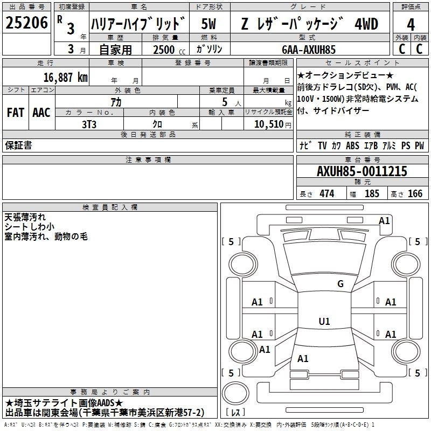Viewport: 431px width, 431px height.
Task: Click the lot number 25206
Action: click(26, 24)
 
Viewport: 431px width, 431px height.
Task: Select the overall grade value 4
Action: click(411, 24)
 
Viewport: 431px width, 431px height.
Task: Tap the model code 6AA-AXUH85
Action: click(309, 50)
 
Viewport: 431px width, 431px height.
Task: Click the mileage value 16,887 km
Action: click(65, 77)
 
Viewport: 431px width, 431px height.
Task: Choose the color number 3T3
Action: click(89, 123)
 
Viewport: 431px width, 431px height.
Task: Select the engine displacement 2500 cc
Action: click(164, 50)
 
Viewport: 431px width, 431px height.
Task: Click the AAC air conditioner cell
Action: click(41, 113)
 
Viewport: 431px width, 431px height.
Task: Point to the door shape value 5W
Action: click(209, 24)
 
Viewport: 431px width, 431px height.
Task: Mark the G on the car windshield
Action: click(340, 284)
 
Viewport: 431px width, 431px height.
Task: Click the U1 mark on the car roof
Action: click(324, 322)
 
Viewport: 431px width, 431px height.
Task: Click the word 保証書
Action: click(18, 145)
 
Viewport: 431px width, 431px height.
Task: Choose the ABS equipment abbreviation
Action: click(352, 145)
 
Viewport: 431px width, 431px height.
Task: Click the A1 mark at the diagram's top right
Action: click(384, 220)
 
